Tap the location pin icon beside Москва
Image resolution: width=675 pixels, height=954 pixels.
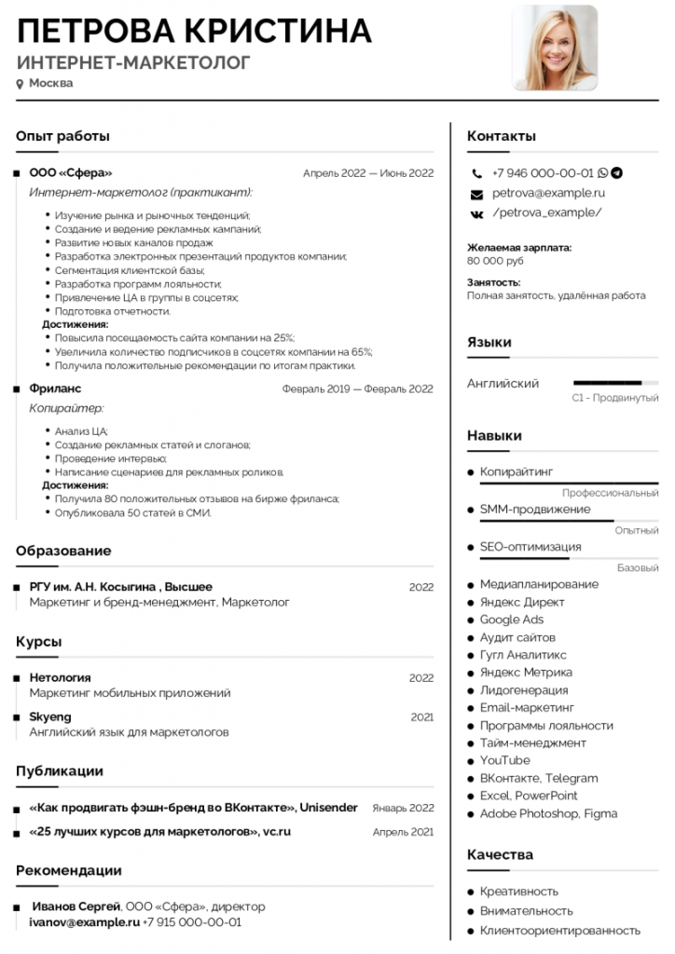pyautogui.click(x=21, y=84)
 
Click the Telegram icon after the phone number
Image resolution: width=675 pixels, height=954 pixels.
pyautogui.click(x=617, y=172)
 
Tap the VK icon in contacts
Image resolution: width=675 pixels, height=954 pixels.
pyautogui.click(x=476, y=213)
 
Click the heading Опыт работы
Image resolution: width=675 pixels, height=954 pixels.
pyautogui.click(x=62, y=136)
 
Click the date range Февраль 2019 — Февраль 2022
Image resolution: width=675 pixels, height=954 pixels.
pyautogui.click(x=358, y=388)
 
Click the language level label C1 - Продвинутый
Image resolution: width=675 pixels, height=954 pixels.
pyautogui.click(x=614, y=398)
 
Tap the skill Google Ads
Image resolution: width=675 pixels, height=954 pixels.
pyautogui.click(x=511, y=620)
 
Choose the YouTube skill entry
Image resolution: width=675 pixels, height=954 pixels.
pyautogui.click(x=504, y=760)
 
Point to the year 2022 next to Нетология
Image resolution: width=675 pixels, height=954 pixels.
pyautogui.click(x=421, y=678)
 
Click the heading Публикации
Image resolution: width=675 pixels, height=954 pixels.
pyautogui.click(x=60, y=771)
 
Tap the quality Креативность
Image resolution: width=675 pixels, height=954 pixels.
pyautogui.click(x=518, y=892)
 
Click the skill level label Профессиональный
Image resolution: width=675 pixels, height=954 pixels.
pyautogui.click(x=610, y=493)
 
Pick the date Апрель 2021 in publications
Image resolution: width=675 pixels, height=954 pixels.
pyautogui.click(x=403, y=832)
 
